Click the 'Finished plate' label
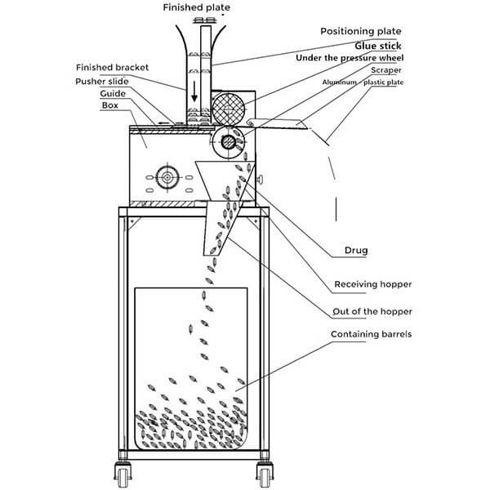[x=197, y=7]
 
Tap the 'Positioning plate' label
[x=361, y=31]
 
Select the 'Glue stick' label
[x=378, y=46]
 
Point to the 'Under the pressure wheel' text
[x=350, y=58]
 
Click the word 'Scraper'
[x=386, y=70]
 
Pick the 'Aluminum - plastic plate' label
[x=363, y=82]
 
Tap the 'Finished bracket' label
[x=112, y=67]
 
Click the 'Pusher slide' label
[x=102, y=82]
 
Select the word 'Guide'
[x=113, y=93]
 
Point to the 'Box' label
[x=110, y=105]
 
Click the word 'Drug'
[x=356, y=251]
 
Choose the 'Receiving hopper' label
[x=373, y=284]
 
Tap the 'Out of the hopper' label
[x=372, y=312]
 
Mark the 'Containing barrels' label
[x=372, y=334]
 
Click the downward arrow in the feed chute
[x=194, y=91]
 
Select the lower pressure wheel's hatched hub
[x=229, y=142]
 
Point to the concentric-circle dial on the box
[x=167, y=177]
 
